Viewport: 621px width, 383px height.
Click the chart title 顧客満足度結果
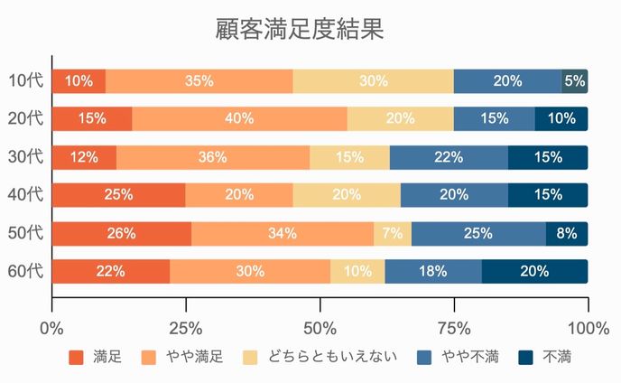[301, 29]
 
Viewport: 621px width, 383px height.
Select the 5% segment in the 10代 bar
[575, 80]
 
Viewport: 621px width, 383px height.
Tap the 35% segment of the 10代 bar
[199, 80]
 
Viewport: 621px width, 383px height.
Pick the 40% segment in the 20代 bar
[239, 118]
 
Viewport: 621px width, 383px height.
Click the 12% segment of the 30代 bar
[84, 157]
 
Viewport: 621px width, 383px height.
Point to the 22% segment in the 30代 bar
[449, 157]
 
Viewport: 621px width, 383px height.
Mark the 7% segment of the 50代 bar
[393, 233]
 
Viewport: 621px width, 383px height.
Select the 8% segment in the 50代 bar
[567, 233]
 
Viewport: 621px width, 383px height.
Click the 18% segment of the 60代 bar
[433, 271]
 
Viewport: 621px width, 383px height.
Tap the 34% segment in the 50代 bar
[283, 233]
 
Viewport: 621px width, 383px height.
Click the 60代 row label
[25, 271]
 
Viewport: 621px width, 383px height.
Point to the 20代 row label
[25, 118]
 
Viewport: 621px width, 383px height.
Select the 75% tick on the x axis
[454, 326]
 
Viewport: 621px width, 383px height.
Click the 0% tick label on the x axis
[52, 326]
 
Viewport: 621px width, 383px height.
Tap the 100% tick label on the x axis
[588, 326]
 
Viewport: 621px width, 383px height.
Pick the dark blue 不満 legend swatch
[526, 358]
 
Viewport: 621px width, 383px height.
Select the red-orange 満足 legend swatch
[76, 358]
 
